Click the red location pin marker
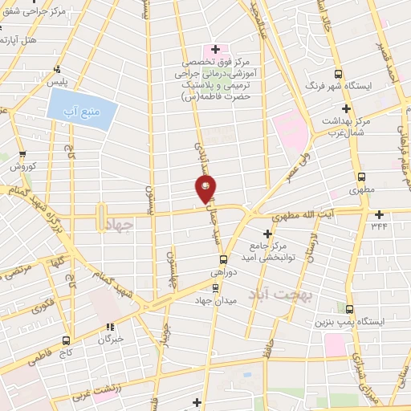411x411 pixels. pyautogui.click(x=205, y=189)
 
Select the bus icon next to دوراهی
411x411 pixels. pyautogui.click(x=224, y=258)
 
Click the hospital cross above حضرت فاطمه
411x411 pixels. pyautogui.click(x=215, y=49)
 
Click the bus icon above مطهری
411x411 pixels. pyautogui.click(x=361, y=177)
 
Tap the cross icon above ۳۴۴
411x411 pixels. pyautogui.click(x=379, y=213)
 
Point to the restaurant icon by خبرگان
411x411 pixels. pyautogui.click(x=111, y=326)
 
